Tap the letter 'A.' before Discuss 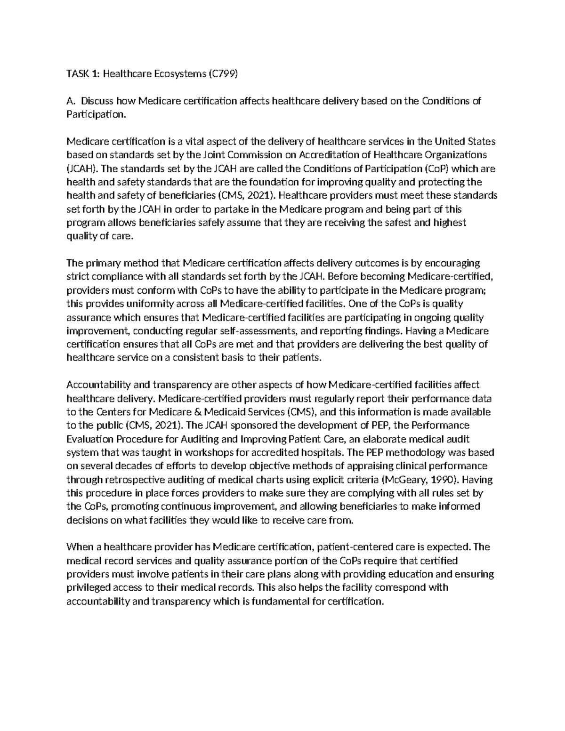click(x=71, y=101)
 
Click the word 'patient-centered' click(x=350, y=547)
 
